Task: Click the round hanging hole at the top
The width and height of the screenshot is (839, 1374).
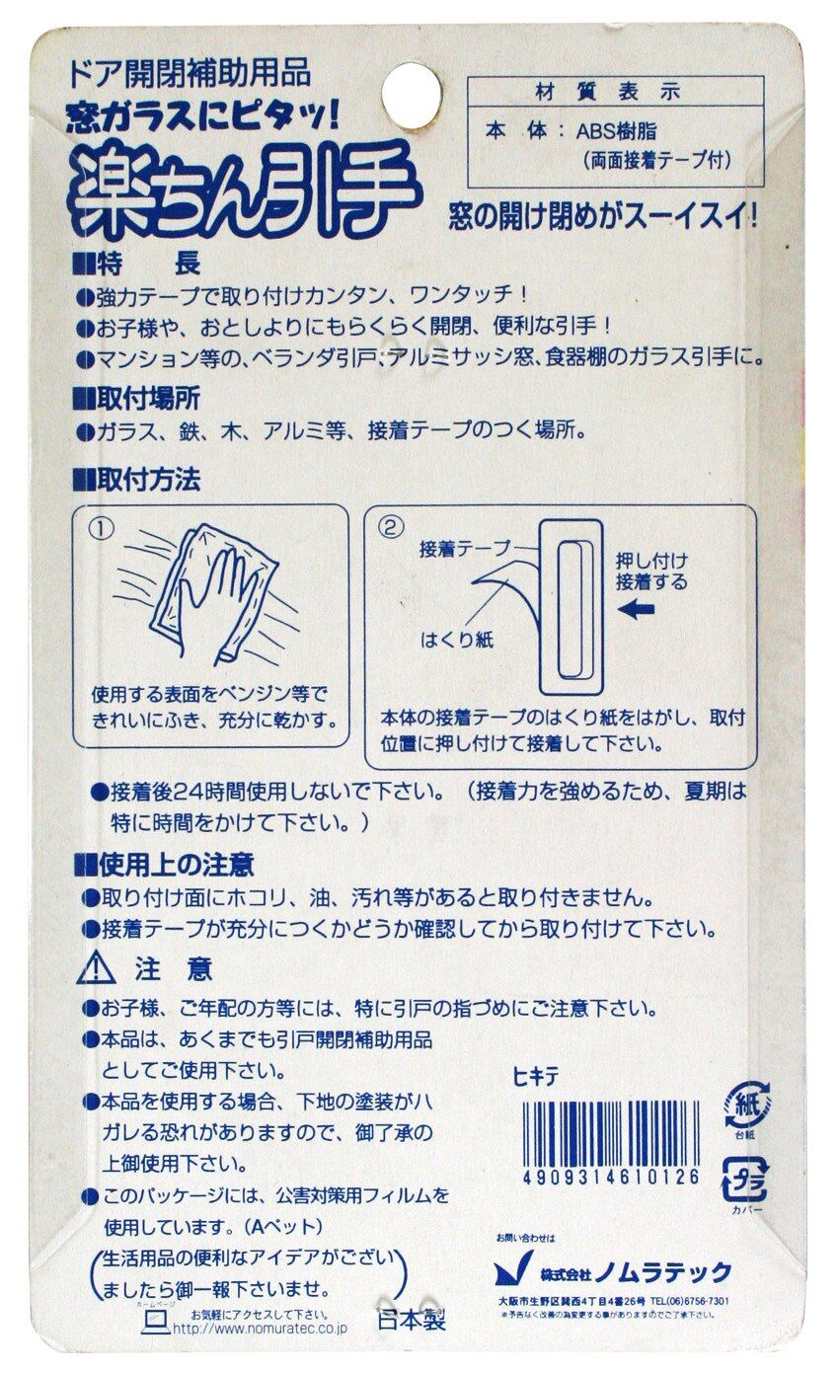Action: (413, 93)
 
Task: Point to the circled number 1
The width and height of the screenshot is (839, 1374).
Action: (102, 529)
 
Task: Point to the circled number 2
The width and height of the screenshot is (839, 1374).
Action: (391, 527)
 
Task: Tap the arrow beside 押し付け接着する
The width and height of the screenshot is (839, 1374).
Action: (637, 610)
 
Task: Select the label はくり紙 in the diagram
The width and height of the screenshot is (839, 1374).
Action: (457, 641)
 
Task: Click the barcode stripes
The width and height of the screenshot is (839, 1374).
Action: (611, 1135)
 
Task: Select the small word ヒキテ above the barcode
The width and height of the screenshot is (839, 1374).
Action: (536, 1079)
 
